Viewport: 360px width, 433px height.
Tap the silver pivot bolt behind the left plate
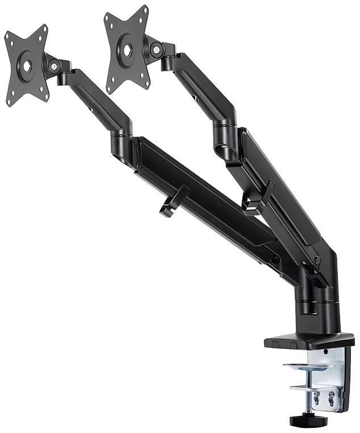click(55, 67)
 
